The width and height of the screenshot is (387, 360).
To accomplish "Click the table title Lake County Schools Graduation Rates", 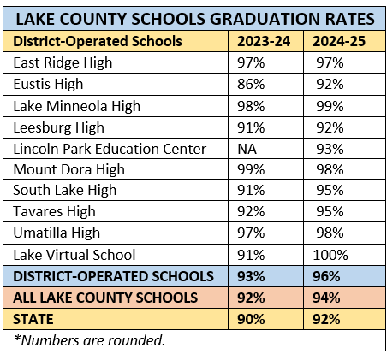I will pyautogui.click(x=193, y=18).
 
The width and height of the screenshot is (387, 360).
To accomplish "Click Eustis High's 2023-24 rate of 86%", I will pyautogui.click(x=248, y=84).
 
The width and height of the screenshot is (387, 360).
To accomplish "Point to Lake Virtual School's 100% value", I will pyautogui.click(x=330, y=255).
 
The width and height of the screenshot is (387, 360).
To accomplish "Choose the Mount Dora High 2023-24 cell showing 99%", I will pyautogui.click(x=248, y=169).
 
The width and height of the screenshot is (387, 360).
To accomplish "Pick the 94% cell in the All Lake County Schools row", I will pyautogui.click(x=327, y=298).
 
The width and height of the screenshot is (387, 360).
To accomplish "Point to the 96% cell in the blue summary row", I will pyautogui.click(x=327, y=276).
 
